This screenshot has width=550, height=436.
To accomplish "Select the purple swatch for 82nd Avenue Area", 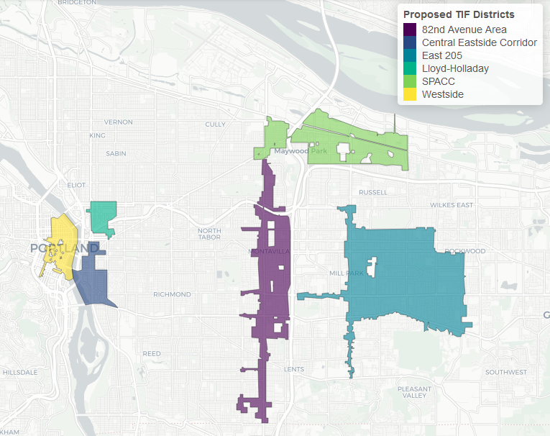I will click(410, 29).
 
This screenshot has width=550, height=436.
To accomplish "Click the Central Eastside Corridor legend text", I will click(479, 42).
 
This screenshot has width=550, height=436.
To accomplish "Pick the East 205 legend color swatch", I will click(410, 55).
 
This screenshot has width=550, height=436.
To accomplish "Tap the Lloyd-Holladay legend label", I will click(455, 68).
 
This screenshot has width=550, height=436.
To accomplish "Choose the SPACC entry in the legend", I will click(438, 81).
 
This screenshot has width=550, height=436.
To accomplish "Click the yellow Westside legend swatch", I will click(410, 94).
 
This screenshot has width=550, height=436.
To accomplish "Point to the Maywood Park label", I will click(300, 151).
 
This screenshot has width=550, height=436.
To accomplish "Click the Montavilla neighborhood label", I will click(267, 251).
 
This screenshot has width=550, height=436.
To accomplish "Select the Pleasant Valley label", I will click(414, 392).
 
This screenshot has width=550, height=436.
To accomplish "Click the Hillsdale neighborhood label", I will click(19, 373).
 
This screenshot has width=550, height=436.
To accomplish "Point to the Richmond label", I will click(172, 294).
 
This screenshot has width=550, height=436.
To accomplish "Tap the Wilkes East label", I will click(451, 205).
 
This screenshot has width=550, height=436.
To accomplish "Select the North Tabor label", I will click(209, 234).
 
